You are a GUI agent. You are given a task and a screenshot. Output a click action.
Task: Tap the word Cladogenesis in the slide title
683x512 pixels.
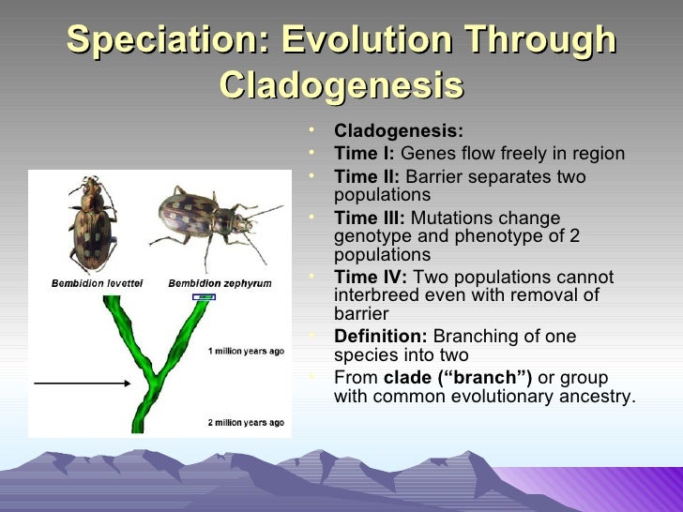341,85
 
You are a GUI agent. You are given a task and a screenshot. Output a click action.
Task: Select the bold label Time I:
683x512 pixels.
364,153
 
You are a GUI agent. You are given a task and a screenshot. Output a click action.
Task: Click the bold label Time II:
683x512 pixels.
367,176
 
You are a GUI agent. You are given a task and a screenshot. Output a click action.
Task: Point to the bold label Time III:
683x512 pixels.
370,218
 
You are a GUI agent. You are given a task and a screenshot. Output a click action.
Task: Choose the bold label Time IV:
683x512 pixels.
371,277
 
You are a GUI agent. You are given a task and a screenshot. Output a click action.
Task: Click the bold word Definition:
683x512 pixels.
381,336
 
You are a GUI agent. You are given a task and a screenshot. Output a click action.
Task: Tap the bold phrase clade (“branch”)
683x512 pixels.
458,378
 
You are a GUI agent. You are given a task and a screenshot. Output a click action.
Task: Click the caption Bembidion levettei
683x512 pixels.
98,283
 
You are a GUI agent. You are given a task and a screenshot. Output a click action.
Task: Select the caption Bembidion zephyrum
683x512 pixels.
220,284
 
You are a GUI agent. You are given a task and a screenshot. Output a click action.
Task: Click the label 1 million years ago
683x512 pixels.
246,351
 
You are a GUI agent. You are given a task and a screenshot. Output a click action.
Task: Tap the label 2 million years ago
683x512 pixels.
246,422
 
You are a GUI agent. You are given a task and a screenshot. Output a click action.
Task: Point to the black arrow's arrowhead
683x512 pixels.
128,384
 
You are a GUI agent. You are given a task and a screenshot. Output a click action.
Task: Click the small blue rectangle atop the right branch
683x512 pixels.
204,297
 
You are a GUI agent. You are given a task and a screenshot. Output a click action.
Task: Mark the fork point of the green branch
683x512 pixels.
153,378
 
